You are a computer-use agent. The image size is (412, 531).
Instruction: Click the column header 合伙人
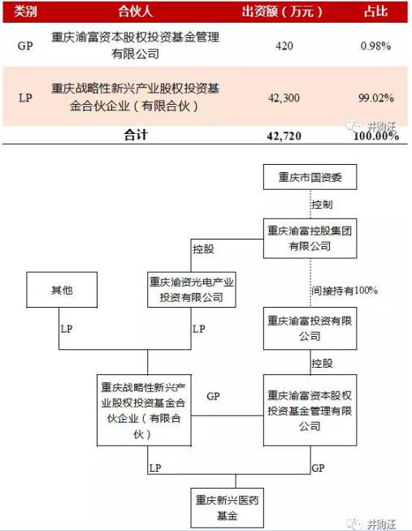pos(135,12)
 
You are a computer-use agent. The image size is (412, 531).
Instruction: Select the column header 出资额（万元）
pos(282,12)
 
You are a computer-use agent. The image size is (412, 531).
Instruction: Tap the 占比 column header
pos(375,11)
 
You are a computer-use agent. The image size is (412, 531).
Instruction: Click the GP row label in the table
pos(25,45)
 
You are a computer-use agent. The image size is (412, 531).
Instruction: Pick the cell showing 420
pos(284,45)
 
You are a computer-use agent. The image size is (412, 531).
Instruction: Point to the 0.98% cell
pos(375,45)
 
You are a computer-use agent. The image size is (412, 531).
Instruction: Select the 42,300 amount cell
pos(284,98)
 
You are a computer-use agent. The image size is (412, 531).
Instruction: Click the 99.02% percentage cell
pos(376,98)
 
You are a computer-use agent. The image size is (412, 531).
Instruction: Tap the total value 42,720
pos(284,136)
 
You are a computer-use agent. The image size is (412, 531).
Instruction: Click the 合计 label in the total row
pos(136,135)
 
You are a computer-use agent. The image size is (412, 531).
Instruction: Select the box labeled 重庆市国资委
pos(310,177)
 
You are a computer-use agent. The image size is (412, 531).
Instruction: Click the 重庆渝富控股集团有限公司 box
pos(310,239)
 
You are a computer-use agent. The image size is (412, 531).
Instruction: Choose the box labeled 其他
pos(62,290)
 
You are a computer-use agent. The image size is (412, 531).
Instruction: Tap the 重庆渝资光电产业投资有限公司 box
pos(192,290)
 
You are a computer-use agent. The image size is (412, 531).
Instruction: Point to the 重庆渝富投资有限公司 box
pos(310,329)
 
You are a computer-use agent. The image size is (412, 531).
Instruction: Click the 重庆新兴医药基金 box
pos(227,508)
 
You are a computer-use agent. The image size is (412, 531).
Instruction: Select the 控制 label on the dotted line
pos(323,205)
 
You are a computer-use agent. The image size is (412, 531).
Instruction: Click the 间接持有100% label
pos(345,291)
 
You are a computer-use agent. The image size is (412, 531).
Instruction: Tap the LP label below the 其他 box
pos(67,329)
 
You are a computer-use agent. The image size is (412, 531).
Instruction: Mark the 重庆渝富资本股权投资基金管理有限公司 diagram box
pos(310,410)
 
